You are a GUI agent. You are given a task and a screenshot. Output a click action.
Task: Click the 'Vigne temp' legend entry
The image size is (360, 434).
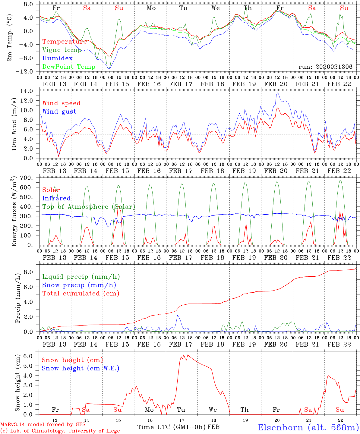pos(62,50)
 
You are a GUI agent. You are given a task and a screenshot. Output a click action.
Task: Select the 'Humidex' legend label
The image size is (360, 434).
pos(57,58)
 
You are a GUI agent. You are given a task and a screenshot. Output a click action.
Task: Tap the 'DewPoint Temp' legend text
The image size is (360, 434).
pos(69,67)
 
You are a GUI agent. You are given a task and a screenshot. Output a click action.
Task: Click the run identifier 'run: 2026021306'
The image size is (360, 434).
pos(325,67)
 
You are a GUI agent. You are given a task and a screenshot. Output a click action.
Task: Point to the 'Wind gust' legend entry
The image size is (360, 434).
pos(59,112)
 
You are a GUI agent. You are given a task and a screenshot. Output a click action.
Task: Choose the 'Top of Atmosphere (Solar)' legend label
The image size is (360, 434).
pos(89,207)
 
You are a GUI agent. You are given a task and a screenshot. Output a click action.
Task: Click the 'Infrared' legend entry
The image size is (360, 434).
pos(56,198)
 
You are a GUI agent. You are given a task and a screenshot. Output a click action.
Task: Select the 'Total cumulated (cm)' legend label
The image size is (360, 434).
pos(81,294)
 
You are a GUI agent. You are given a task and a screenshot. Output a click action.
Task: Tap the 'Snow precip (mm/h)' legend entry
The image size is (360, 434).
pos(79,285)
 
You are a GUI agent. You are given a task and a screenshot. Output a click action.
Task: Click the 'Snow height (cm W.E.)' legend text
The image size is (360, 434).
pos(81,368)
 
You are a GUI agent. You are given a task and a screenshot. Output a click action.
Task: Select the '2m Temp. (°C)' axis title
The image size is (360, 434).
pos(10,38)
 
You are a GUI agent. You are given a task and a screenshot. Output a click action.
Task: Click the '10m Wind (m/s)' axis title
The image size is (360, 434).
pos(14,125)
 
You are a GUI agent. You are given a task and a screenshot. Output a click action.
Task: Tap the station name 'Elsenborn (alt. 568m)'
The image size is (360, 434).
pos(308,427)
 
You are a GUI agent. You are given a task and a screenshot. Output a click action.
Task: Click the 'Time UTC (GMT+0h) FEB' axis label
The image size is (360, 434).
pos(178,427)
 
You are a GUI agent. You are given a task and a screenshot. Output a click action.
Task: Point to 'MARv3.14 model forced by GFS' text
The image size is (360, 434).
pos(43,425)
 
